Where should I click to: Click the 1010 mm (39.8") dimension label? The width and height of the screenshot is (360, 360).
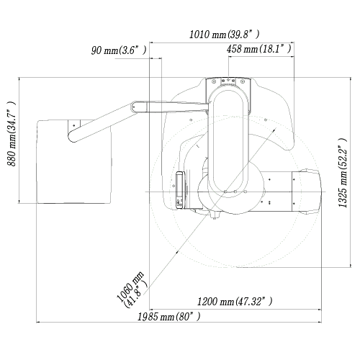pos(225,35)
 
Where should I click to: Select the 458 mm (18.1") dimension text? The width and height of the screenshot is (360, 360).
pos(259,49)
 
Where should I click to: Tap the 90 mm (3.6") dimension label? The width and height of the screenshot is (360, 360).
pos(119,50)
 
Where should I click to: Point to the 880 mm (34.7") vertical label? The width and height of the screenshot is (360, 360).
pos(12,134)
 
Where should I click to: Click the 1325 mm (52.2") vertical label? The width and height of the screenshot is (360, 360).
pos(343,173)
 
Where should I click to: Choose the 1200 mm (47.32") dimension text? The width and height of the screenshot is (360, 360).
pos(235,301)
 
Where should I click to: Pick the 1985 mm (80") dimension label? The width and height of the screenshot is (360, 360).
pos(168,317)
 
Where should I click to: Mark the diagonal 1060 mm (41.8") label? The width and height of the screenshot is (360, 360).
pos(132,289)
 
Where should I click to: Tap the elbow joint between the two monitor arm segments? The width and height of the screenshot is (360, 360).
pos(135,107)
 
